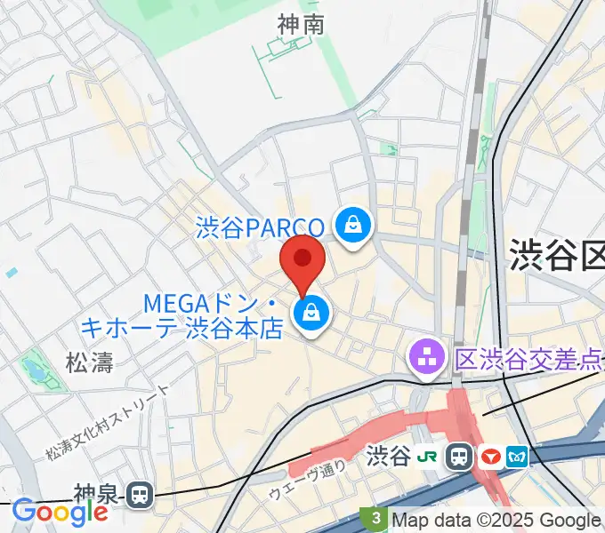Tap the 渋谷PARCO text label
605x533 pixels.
point(262,228)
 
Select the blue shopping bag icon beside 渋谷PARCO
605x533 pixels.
point(354,223)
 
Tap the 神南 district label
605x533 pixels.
point(300,25)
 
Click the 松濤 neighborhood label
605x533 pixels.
point(90,362)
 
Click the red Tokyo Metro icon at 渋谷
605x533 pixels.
point(489,457)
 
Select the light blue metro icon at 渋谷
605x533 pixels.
point(518,457)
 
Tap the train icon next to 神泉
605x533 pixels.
point(139,495)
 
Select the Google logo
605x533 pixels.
point(60,513)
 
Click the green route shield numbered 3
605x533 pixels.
point(376,518)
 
